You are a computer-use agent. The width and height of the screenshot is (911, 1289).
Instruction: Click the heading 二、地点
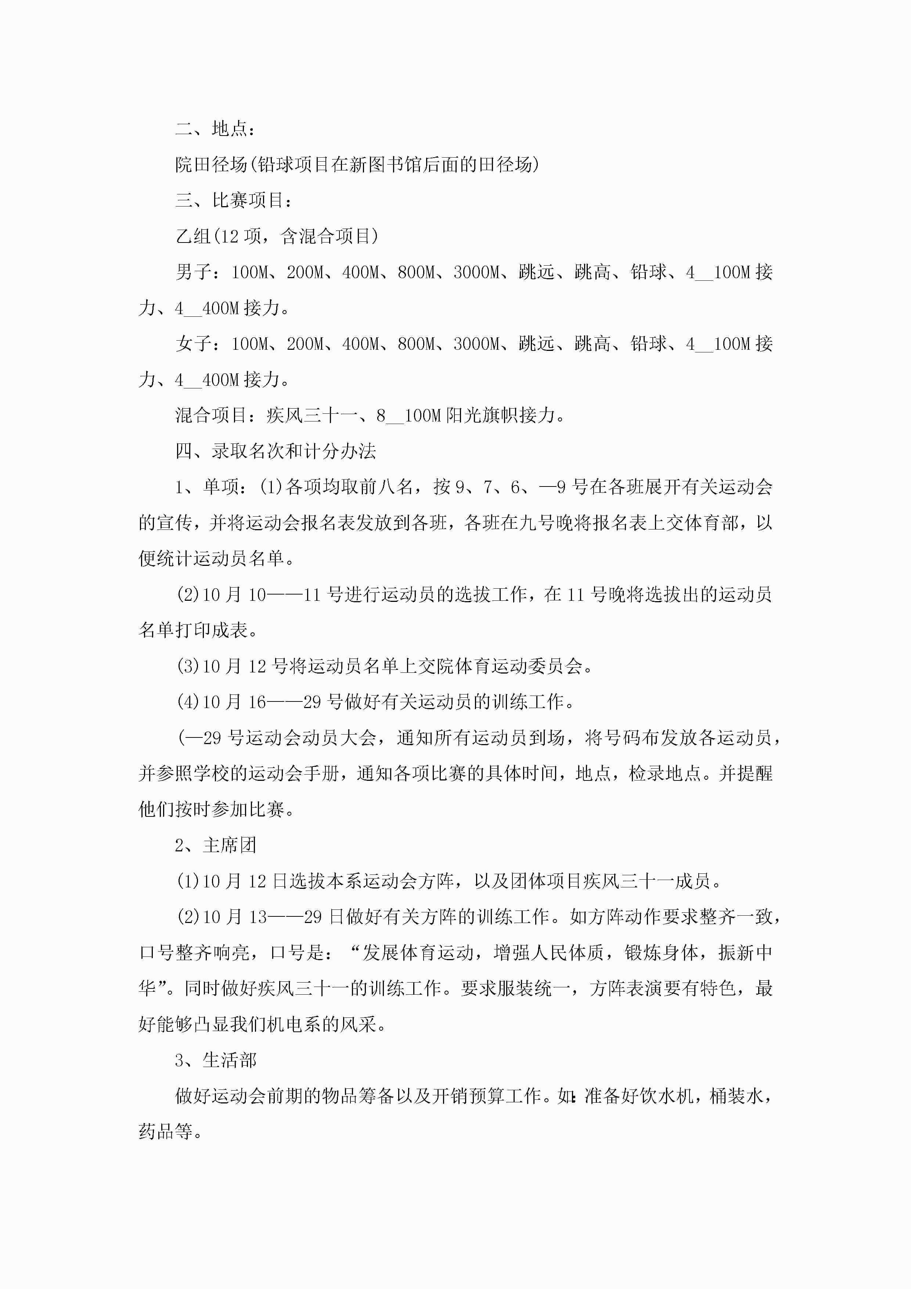(x=216, y=129)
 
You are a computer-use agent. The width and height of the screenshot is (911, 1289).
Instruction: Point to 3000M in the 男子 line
(x=476, y=272)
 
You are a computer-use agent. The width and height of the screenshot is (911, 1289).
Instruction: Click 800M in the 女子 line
(x=416, y=344)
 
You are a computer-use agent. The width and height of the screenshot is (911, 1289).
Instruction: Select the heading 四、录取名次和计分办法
(x=275, y=451)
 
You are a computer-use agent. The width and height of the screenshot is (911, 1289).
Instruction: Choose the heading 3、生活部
(x=216, y=1060)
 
